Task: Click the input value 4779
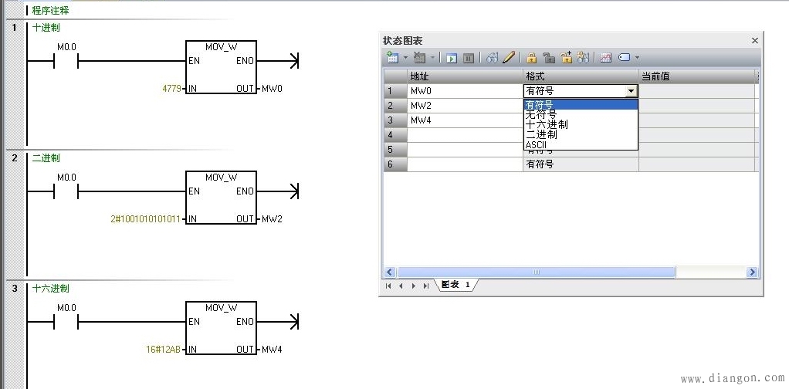[171, 89]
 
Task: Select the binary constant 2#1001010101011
[145, 219]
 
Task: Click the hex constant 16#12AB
[163, 349]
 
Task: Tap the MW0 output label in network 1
[273, 89]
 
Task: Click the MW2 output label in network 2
[273, 219]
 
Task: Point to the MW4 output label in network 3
[273, 349]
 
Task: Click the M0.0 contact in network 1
[66, 62]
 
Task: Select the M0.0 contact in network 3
[66, 322]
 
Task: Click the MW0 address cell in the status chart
[465, 91]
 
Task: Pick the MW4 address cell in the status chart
[465, 120]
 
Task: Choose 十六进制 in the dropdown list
[547, 124]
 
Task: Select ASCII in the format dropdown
[536, 145]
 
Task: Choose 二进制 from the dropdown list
[541, 135]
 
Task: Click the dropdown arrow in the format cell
[631, 91]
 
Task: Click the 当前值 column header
[655, 76]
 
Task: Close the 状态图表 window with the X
[755, 41]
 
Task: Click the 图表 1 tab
[455, 285]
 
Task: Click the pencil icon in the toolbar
[508, 57]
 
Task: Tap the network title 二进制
[46, 158]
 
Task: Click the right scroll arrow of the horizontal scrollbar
[752, 272]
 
